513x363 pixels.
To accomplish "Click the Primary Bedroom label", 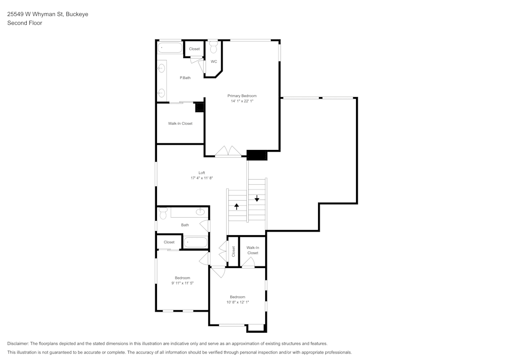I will [242, 96].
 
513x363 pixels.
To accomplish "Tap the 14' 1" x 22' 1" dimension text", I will [242, 101].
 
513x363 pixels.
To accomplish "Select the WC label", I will [214, 62].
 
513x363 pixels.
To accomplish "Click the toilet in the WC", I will [213, 47].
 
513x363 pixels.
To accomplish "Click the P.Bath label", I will [185, 78].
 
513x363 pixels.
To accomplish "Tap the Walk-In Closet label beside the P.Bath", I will [180, 124].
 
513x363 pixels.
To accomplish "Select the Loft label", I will [202, 173].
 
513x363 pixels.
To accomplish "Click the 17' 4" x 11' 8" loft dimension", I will [202, 178].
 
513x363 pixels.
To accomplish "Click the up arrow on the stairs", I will [236, 206].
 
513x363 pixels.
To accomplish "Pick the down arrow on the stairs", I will [257, 198].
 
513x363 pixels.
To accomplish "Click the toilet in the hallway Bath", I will [163, 213].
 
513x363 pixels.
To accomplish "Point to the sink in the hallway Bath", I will [201, 212].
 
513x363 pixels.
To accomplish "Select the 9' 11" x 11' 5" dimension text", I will [182, 283].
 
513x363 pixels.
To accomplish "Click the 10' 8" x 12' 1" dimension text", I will [238, 302].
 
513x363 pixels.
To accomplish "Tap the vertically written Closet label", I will [233, 251].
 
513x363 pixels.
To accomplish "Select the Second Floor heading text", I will [25, 23].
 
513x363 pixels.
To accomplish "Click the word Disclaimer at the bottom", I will [18, 343].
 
